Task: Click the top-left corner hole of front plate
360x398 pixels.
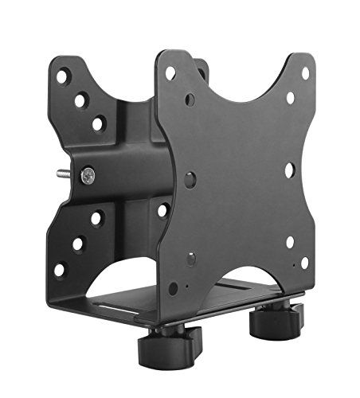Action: (x=171, y=73)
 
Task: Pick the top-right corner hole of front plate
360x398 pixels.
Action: (x=305, y=73)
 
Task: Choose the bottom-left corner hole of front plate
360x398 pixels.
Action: (x=174, y=288)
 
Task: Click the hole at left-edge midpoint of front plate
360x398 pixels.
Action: (x=190, y=180)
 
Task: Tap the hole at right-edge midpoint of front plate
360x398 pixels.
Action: (x=290, y=170)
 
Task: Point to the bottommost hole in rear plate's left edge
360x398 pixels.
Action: (x=58, y=270)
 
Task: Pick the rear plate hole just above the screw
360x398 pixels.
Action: (x=97, y=123)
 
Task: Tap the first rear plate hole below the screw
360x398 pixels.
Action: (x=96, y=217)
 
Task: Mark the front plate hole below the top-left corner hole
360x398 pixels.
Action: (x=190, y=100)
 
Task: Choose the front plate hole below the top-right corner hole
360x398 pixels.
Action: (x=290, y=98)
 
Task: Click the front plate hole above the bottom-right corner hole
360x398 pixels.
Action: (x=290, y=242)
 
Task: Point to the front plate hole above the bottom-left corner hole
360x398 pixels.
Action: (x=191, y=259)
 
